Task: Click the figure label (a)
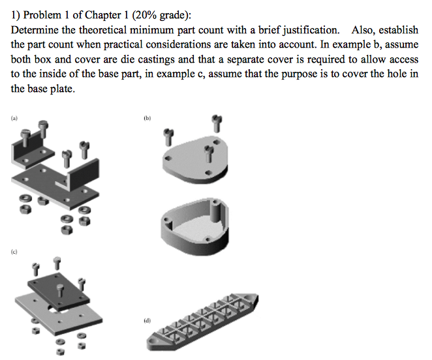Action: tap(14, 119)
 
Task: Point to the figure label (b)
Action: tap(147, 119)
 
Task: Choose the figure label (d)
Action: tap(147, 321)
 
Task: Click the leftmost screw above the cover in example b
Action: tap(169, 136)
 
